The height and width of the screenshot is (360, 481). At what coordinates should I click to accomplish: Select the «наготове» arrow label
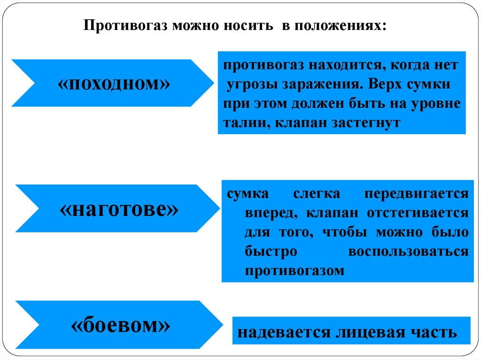(119, 209)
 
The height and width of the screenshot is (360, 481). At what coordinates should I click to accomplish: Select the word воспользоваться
(408, 252)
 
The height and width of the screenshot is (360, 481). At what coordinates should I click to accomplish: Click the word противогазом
(295, 271)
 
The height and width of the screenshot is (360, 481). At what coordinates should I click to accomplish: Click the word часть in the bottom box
(432, 332)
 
